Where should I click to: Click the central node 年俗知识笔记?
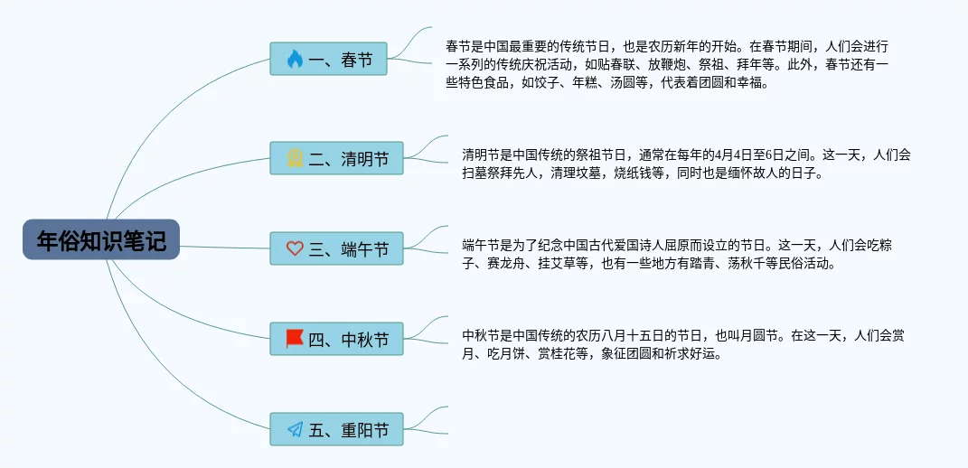tap(101, 241)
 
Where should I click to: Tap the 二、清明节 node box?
tap(336, 159)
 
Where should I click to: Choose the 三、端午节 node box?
tap(336, 248)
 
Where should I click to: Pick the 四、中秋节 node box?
tap(336, 339)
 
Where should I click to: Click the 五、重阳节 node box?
tap(336, 429)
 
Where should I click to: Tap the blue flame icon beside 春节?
tap(295, 60)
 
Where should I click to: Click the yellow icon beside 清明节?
tap(295, 159)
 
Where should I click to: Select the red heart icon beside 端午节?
tap(295, 248)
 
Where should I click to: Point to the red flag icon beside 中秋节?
tap(295, 339)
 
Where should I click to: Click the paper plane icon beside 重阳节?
tap(295, 429)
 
